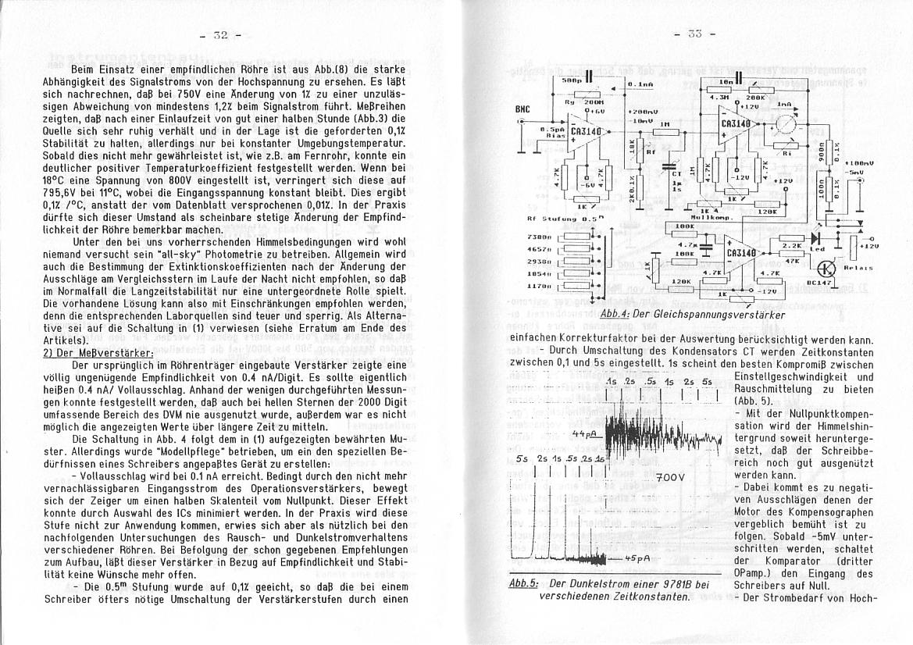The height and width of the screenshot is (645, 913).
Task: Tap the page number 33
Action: point(691,34)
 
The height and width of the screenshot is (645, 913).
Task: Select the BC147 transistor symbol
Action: point(829,270)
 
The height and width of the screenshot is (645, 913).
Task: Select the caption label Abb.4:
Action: point(615,314)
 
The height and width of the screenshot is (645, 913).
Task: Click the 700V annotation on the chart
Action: point(671,476)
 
